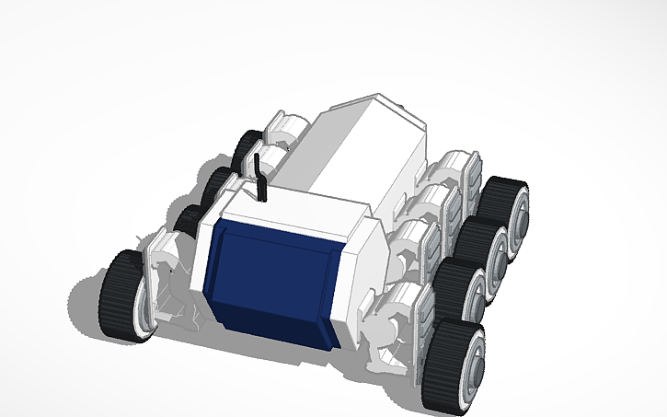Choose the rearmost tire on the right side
coord(501,198)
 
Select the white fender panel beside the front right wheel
coord(419,318)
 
